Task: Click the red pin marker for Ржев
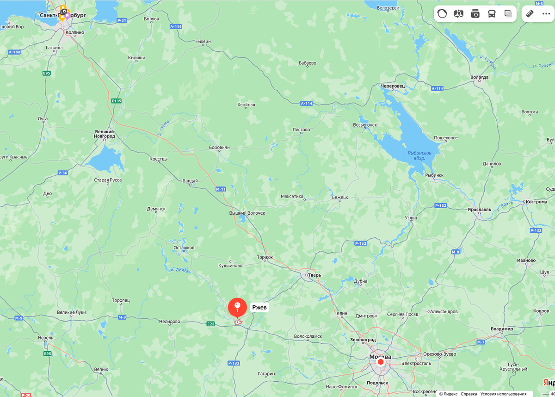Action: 237,307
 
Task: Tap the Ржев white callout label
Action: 259,307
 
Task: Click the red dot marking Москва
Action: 381,362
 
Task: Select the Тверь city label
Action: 314,275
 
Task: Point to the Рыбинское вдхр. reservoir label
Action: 419,155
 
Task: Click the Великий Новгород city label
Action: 105,134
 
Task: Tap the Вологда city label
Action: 479,77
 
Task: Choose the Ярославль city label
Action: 479,210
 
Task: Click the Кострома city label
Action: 536,202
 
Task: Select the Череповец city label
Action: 393,86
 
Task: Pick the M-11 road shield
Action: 220,189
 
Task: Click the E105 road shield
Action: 117,101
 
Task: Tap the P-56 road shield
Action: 63,173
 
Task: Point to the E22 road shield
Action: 211,324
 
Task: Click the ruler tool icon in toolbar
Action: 530,13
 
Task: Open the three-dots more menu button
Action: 546,13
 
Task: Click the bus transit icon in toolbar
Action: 492,13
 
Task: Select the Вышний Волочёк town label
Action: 247,213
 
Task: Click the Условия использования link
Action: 503,394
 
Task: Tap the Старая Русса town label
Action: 108,180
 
